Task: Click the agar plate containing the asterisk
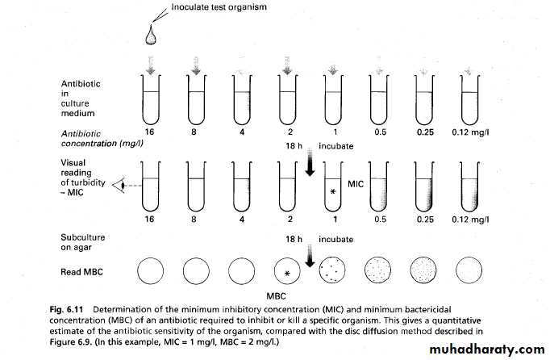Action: (x=288, y=270)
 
